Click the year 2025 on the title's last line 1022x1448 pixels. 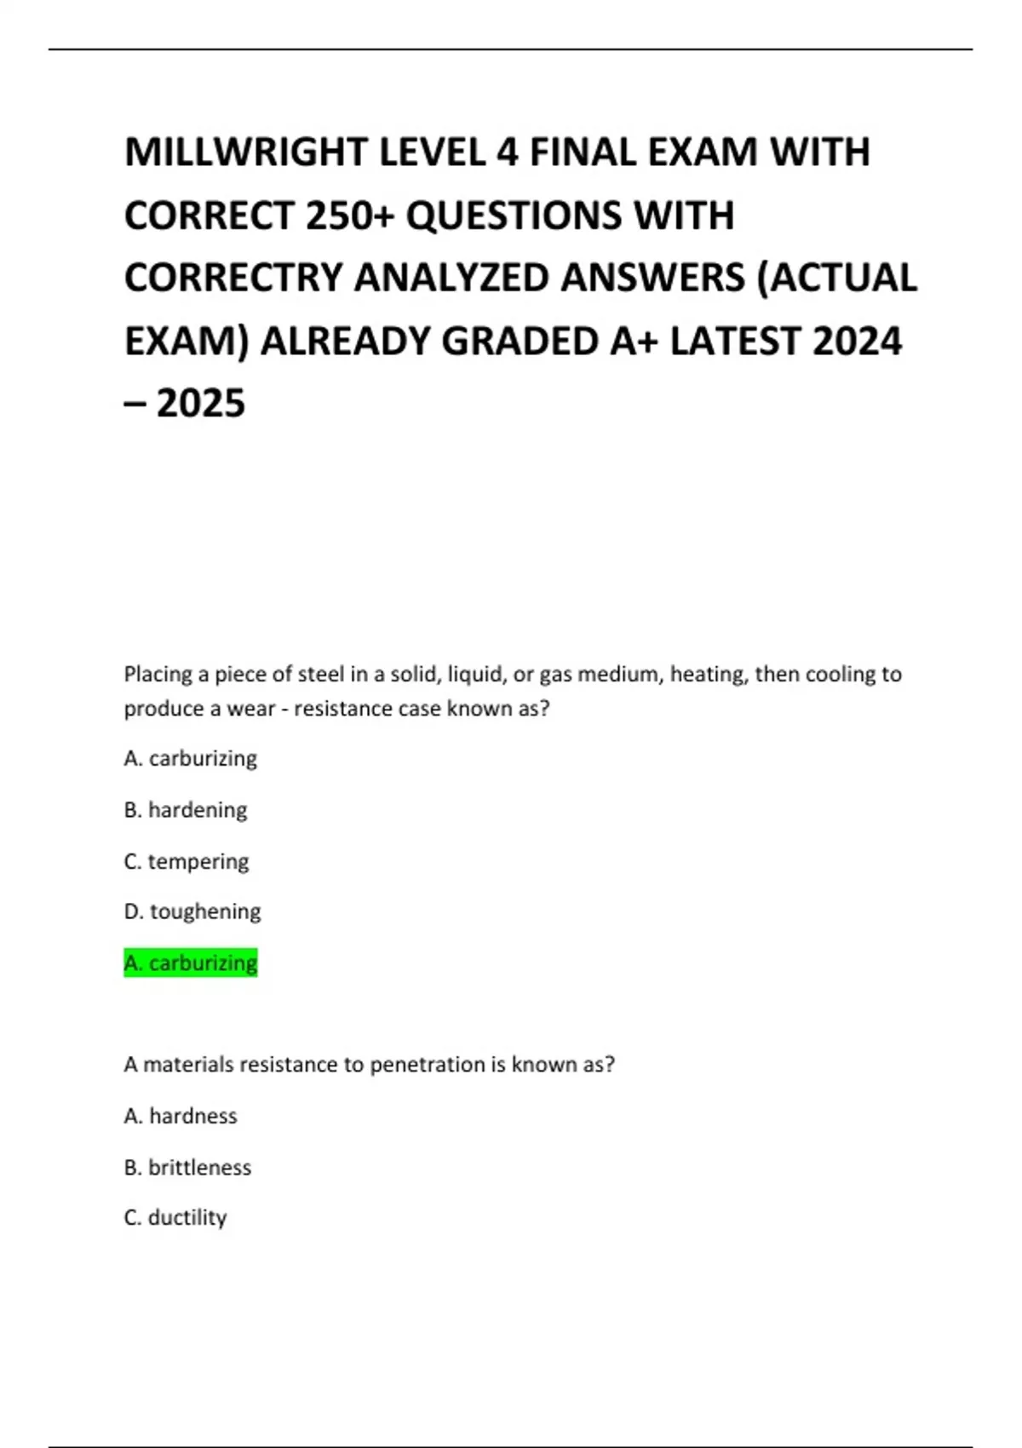(x=201, y=404)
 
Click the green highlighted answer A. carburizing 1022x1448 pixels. (x=191, y=962)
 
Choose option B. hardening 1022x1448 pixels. (x=186, y=809)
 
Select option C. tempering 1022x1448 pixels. (x=187, y=861)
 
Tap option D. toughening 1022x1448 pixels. (x=192, y=911)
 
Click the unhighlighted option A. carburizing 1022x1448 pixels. (x=191, y=758)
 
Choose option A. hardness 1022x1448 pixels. (x=181, y=1116)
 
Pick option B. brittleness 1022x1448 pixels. (x=187, y=1167)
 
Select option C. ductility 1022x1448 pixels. (x=175, y=1218)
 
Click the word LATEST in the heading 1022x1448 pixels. (x=735, y=342)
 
